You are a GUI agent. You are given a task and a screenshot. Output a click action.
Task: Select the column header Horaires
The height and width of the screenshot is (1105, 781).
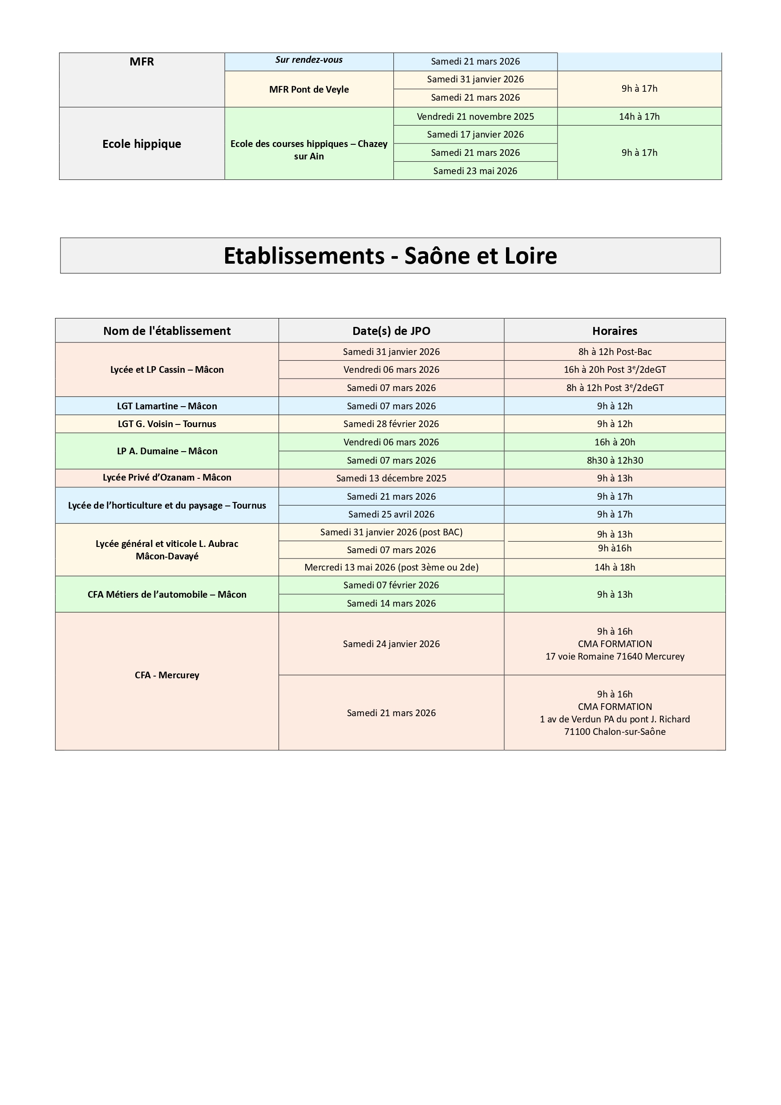tap(614, 330)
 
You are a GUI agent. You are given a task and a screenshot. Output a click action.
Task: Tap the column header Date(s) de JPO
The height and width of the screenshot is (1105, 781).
tap(391, 330)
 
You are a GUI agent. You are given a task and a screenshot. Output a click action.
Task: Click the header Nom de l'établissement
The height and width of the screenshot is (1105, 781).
tap(167, 330)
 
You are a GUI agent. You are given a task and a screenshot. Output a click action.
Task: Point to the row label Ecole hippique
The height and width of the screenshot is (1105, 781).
tap(142, 144)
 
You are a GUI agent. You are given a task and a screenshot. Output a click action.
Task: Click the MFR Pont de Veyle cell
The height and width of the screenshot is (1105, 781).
tap(309, 90)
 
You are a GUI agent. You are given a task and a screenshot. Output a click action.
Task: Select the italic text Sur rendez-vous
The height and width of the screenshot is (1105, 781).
tap(309, 60)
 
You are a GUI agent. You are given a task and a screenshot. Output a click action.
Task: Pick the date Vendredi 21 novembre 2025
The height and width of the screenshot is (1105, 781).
tap(475, 116)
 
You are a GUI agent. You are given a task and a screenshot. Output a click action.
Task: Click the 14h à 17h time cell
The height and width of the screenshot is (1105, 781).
tap(639, 116)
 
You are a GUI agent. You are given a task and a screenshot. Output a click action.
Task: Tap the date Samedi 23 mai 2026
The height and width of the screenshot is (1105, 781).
tap(475, 171)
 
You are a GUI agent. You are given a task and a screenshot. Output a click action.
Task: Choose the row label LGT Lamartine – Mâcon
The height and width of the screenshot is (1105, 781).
tap(167, 406)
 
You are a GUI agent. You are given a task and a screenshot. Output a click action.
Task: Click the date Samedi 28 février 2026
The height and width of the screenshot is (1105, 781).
tap(391, 424)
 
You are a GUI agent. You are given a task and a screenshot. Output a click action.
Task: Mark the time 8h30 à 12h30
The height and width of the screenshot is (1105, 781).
tap(615, 460)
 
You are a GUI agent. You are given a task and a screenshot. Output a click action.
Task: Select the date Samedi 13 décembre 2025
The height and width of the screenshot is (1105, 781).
tap(391, 478)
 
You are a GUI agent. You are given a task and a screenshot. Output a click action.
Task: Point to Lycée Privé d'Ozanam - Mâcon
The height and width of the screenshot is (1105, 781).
tap(167, 477)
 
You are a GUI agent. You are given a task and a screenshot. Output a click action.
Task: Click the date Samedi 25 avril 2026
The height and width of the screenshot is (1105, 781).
tap(391, 514)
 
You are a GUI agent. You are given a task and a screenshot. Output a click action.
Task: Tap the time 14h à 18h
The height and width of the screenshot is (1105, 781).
tap(615, 567)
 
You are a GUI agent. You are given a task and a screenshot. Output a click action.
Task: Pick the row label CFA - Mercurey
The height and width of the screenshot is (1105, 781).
tap(167, 675)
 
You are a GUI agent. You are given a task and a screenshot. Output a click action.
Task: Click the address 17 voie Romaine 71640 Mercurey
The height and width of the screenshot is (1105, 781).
tap(615, 656)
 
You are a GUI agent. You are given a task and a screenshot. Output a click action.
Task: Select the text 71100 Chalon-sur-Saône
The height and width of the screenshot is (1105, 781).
tap(615, 732)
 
